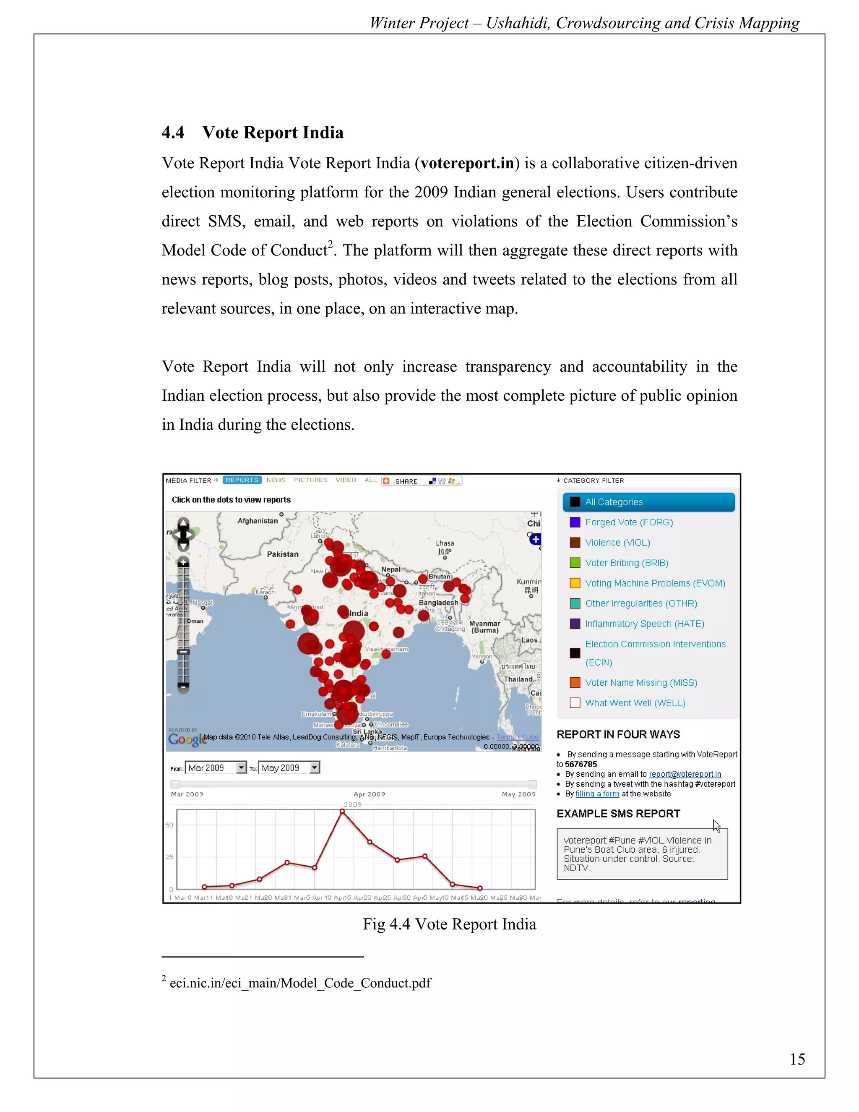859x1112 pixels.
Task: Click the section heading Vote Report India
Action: [272, 132]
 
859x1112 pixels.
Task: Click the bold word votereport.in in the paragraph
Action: [467, 163]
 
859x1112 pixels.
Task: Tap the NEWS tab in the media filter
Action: [276, 480]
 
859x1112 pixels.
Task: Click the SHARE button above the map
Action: [406, 481]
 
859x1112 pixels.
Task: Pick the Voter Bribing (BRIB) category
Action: [627, 563]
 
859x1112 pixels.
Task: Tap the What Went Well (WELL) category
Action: [635, 703]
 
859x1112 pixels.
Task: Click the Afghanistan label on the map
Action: [258, 521]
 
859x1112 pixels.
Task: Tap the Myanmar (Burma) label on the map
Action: [484, 627]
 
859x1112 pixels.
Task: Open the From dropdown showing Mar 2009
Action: [241, 768]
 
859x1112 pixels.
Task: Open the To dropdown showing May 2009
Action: [315, 768]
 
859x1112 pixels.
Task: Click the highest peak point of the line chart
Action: [343, 812]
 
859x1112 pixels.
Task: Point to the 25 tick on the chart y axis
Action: [169, 857]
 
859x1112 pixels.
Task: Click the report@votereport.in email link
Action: [685, 774]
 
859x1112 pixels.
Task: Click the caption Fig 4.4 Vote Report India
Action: [449, 924]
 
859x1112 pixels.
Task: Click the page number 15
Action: [797, 1060]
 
